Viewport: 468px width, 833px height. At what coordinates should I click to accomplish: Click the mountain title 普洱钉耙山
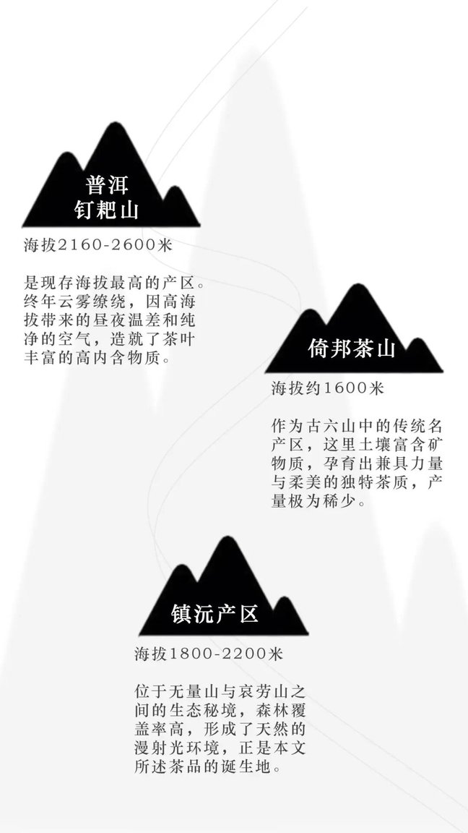107,197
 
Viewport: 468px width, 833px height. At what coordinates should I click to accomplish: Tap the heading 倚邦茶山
352,349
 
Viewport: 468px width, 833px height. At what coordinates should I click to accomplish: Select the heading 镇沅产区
215,613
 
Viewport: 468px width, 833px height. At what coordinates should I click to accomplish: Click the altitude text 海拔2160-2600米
99,245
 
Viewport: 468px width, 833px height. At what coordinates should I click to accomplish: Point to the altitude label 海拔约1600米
327,389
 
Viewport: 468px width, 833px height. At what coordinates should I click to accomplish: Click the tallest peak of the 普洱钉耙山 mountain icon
113,124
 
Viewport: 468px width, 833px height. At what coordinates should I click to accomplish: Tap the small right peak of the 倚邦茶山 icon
419,340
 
